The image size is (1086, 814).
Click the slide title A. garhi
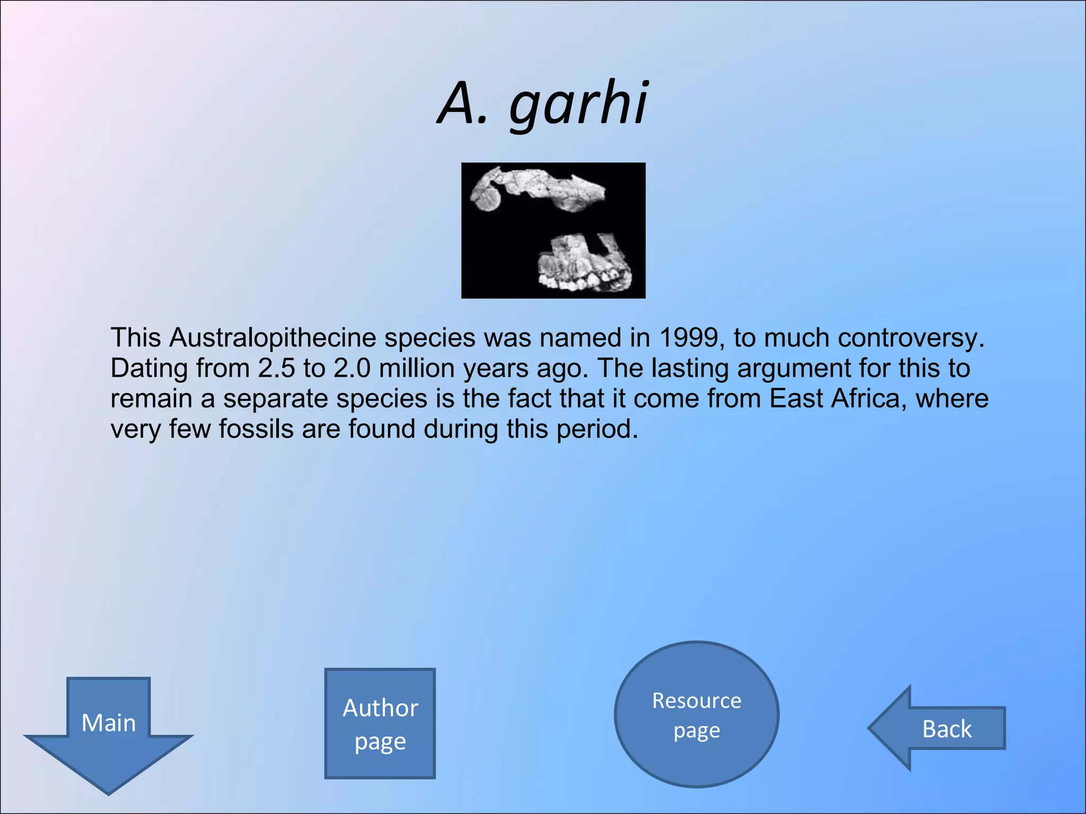542,103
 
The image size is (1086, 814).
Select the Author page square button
380,723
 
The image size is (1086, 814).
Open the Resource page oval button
696,714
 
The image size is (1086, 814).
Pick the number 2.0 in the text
352,368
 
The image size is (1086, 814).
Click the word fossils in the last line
256,429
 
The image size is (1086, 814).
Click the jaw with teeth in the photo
583,265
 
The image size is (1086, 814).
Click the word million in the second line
417,368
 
